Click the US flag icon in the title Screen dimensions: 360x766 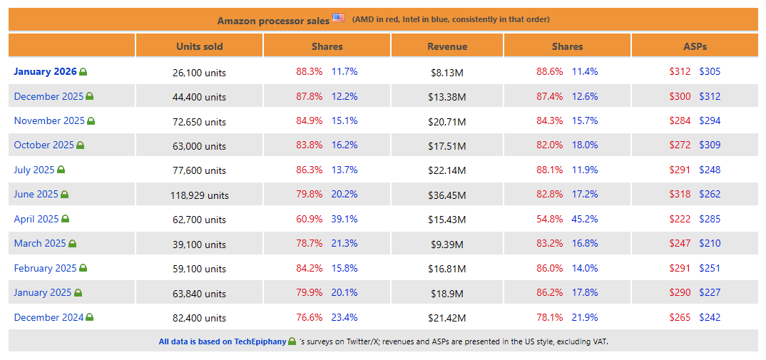(338, 18)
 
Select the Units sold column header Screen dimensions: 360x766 (200, 46)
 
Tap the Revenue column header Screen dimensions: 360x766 (447, 46)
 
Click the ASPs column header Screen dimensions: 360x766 (695, 46)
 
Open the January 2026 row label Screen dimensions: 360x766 (46, 71)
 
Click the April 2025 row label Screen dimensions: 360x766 (36, 219)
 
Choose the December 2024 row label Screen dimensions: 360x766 (48, 317)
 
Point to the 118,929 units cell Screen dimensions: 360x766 (200, 195)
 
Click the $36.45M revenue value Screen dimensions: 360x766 (447, 195)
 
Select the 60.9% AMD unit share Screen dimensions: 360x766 (310, 219)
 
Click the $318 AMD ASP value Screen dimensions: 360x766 (680, 194)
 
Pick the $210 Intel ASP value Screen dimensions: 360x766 (710, 243)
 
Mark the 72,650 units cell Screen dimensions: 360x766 (200, 122)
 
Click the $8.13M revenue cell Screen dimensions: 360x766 (447, 73)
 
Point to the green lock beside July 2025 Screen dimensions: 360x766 (61, 170)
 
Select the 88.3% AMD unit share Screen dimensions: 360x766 (310, 71)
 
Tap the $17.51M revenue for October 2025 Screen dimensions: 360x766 (447, 146)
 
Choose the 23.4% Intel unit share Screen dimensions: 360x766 (344, 317)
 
